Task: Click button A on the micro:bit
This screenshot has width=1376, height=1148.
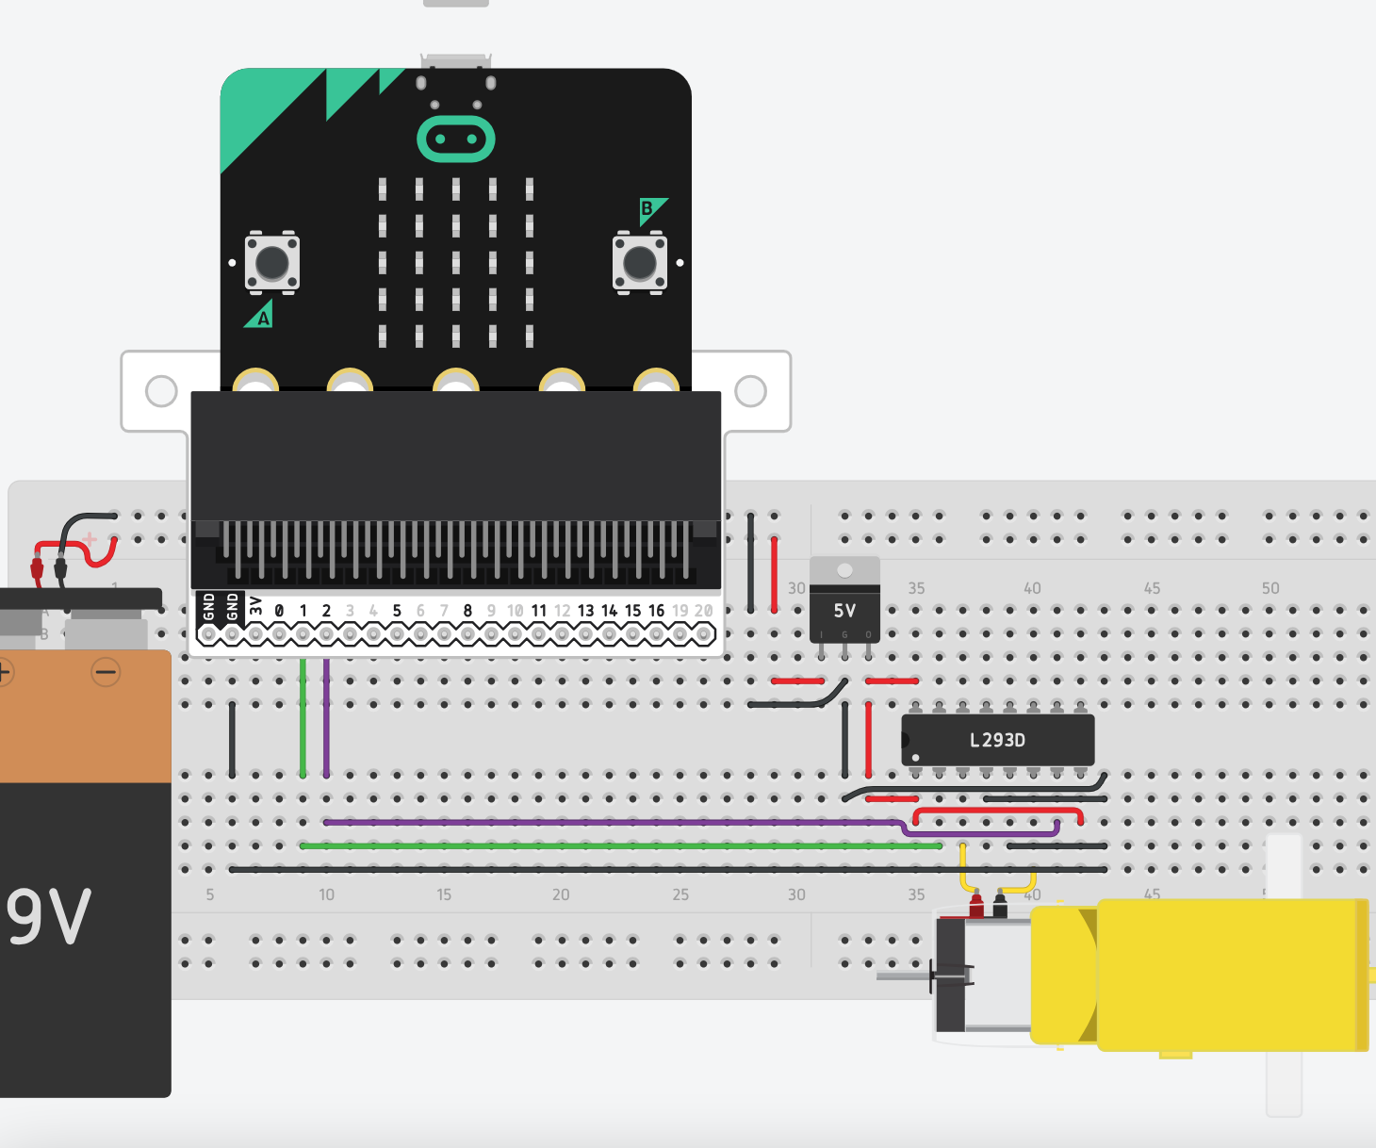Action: click(272, 263)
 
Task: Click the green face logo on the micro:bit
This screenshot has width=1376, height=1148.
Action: click(456, 139)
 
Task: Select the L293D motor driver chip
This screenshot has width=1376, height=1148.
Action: click(997, 740)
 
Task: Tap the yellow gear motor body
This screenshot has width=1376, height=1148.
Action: click(1225, 974)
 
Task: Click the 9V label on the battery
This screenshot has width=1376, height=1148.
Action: click(49, 917)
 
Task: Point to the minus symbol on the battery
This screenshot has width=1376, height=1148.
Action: click(106, 672)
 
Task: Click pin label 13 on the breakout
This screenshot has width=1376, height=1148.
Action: click(585, 611)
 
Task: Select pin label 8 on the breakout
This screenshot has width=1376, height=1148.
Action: click(467, 611)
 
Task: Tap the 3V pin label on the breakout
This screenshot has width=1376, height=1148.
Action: click(255, 606)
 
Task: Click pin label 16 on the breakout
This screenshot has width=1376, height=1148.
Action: click(656, 611)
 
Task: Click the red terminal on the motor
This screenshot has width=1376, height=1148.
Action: click(976, 907)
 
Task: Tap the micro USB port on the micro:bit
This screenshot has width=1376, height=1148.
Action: click(456, 62)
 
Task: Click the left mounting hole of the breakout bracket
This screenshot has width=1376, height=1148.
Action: click(161, 390)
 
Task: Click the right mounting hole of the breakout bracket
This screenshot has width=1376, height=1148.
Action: click(750, 390)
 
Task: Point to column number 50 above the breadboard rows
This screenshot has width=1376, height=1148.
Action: click(1270, 588)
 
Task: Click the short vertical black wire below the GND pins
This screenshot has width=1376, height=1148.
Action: click(232, 740)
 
